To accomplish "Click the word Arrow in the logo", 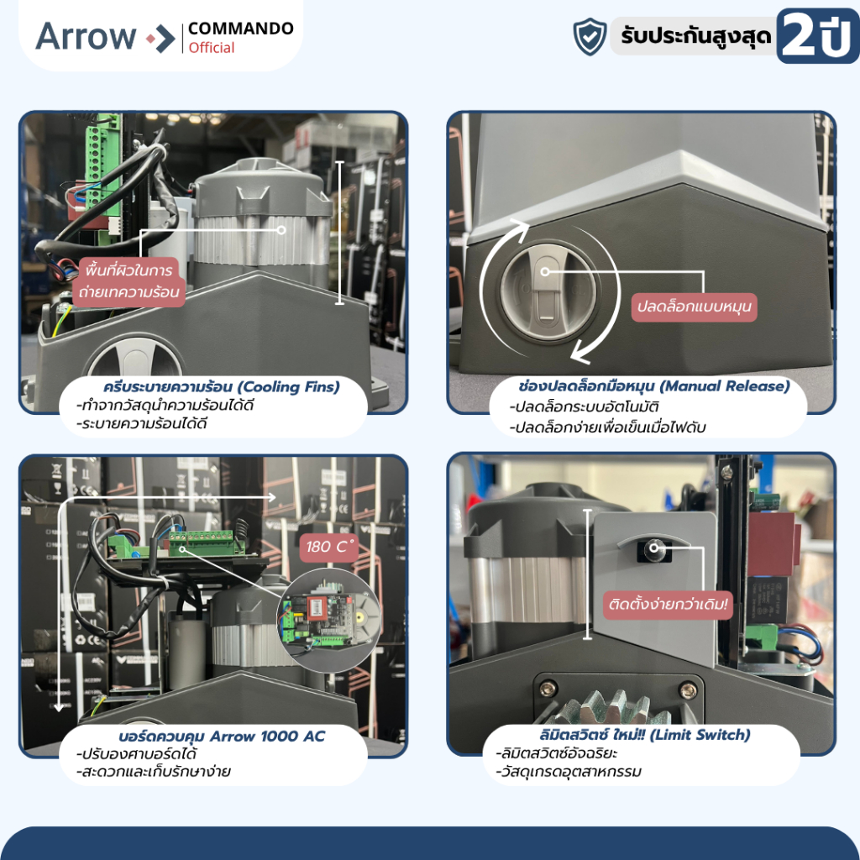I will tap(85, 36).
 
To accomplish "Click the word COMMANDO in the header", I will tap(240, 29).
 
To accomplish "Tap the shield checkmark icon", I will tap(590, 37).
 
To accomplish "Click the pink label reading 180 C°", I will tap(331, 547).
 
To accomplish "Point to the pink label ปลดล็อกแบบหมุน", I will tap(694, 307).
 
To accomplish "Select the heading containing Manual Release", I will tap(654, 386).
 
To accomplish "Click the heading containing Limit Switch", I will tap(647, 735).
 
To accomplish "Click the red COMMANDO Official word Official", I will tap(212, 48).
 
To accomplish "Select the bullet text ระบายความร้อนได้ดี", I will tap(143, 423).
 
